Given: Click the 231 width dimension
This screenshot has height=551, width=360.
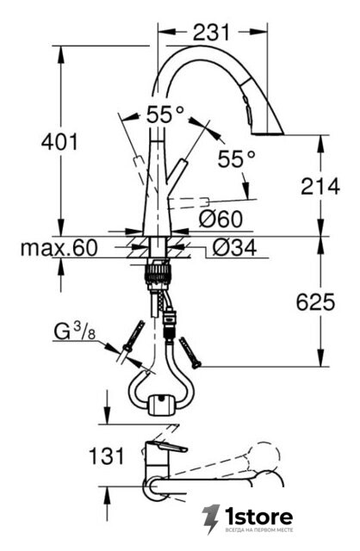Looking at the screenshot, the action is (x=211, y=33).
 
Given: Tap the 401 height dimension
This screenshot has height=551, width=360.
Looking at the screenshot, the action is (x=59, y=142).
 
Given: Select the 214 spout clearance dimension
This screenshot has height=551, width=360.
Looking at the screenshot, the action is (x=320, y=186).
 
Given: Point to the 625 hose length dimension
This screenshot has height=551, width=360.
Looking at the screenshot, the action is (x=315, y=302).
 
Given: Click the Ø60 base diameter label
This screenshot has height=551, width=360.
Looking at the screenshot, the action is (x=220, y=220).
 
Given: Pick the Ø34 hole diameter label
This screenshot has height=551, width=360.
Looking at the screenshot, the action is (x=234, y=248).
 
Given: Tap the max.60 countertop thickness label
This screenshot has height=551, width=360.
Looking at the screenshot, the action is (x=59, y=248).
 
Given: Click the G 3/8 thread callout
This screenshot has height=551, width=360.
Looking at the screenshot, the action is (x=75, y=332).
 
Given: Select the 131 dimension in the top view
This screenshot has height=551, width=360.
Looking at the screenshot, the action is (x=107, y=456).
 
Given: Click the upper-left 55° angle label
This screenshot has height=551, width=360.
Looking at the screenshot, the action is (x=164, y=115).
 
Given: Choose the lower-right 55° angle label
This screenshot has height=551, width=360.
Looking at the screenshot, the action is (x=236, y=158).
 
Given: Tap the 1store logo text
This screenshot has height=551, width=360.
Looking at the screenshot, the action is (x=259, y=517).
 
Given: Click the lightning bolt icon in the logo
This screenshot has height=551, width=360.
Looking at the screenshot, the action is (x=211, y=519).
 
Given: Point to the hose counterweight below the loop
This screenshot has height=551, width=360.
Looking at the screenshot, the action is (x=162, y=405).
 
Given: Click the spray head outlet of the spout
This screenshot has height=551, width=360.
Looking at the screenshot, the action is (x=268, y=133).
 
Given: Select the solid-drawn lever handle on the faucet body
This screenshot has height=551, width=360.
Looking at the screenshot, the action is (x=177, y=171).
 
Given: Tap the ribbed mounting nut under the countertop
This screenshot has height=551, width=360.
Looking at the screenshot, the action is (x=158, y=272).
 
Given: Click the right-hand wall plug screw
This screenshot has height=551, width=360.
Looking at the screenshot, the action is (x=189, y=353).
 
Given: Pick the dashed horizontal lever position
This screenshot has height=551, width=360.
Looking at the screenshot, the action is (x=189, y=202).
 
